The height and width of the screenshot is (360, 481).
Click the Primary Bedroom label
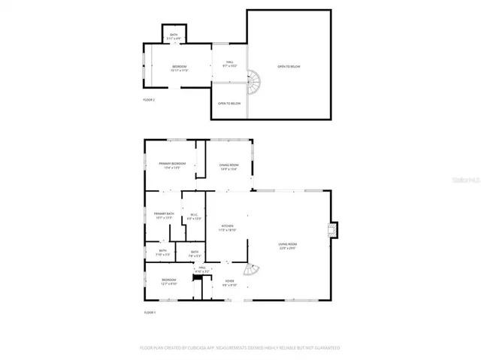point(171,165)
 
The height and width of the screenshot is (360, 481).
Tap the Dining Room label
point(229,166)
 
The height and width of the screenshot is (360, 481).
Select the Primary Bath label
point(164,215)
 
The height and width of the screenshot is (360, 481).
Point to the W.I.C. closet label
point(194,216)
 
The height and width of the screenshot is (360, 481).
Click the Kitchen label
point(228,228)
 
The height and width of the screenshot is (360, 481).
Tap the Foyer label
point(230,283)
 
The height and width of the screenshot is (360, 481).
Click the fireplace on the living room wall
point(334,231)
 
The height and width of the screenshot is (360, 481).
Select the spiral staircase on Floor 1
point(253,271)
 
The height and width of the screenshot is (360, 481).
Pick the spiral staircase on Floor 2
point(256,79)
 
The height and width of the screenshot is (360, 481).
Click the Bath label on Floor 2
point(174,36)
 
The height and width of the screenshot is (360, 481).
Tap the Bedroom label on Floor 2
point(179,68)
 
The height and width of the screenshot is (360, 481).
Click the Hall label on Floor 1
point(201,268)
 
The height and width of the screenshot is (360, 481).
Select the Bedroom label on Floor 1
point(168,282)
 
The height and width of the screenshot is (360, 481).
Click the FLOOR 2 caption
point(149,99)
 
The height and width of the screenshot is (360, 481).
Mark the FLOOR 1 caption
point(150,312)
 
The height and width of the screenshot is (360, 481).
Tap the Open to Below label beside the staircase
point(229,103)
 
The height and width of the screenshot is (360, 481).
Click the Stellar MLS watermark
point(459,181)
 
